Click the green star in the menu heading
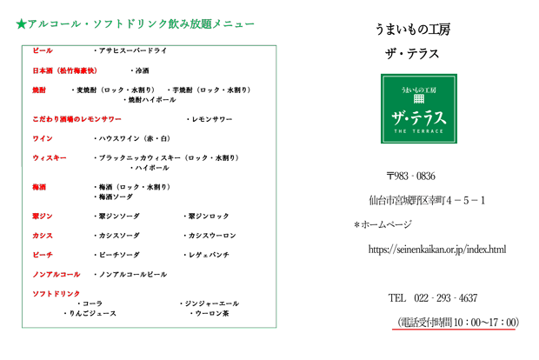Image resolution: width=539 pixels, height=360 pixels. click(22, 24)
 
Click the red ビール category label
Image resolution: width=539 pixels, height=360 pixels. click(43, 50)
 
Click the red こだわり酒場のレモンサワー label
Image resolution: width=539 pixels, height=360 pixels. click(77, 119)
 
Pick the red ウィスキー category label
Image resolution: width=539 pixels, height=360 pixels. click(50, 157)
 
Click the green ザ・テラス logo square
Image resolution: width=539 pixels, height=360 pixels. click(419, 109)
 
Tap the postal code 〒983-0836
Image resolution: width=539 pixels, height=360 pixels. click(411, 176)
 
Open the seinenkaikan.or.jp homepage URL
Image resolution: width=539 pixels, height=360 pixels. click(437, 250)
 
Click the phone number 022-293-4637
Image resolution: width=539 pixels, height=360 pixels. click(445, 297)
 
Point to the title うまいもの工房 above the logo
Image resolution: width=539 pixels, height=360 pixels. click(412, 30)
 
